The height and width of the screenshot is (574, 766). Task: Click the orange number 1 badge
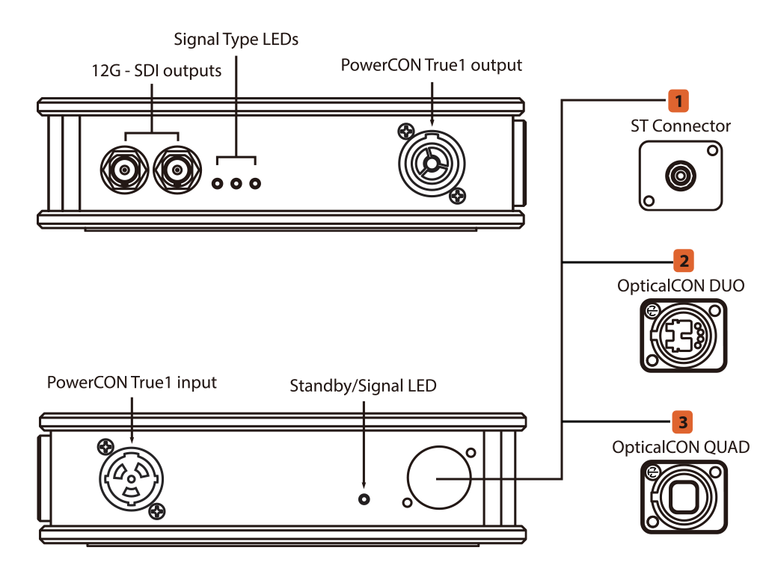[678, 101]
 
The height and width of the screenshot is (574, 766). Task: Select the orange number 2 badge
[684, 261]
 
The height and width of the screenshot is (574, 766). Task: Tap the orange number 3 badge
[683, 422]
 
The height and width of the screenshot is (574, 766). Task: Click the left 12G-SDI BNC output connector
[125, 170]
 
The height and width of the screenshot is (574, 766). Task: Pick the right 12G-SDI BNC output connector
[177, 170]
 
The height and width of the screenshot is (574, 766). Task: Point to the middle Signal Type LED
[236, 184]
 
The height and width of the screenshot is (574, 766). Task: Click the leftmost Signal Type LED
[218, 184]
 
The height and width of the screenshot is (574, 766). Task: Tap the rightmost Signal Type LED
[255, 184]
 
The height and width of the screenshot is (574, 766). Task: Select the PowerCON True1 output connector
[432, 164]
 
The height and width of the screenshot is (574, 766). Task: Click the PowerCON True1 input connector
[131, 479]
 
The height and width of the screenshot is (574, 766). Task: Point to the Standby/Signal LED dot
[364, 499]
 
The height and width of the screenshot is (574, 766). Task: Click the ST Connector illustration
[681, 176]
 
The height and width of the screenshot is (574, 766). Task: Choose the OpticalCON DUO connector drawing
[684, 336]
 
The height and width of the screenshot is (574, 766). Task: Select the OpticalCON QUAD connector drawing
[684, 497]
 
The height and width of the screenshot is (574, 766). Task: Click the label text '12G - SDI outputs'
[156, 71]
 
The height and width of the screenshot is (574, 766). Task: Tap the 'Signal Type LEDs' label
[236, 40]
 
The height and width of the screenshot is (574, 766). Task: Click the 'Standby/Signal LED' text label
[363, 386]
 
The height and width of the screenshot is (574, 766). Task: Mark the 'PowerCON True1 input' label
[132, 382]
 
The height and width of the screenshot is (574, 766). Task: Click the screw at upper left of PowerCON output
[406, 131]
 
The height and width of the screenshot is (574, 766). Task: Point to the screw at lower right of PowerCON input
[157, 511]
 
